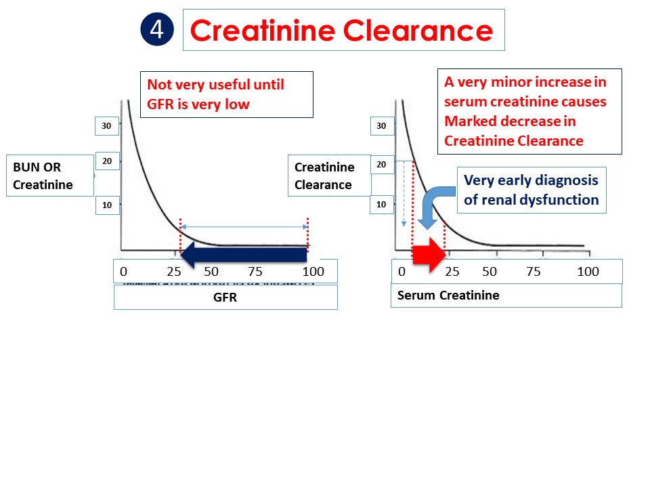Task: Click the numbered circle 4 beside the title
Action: point(157,29)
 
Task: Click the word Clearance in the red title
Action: point(418,30)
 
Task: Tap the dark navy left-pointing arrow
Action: point(244,255)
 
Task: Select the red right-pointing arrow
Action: point(429,255)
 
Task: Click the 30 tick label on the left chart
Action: point(106,126)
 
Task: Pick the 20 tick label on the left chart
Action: point(108,161)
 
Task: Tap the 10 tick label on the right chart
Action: point(381,204)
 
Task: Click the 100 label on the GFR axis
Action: point(313,271)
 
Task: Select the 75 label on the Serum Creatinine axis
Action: point(534,271)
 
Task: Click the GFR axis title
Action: point(225,297)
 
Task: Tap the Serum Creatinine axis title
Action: point(448,295)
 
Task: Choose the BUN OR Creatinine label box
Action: point(49,176)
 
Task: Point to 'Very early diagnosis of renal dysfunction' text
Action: point(532,190)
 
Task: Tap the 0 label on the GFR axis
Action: point(123,271)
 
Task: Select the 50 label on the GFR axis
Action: point(211,271)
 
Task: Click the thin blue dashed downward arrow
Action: point(404,194)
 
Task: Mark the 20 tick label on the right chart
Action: point(381,164)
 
